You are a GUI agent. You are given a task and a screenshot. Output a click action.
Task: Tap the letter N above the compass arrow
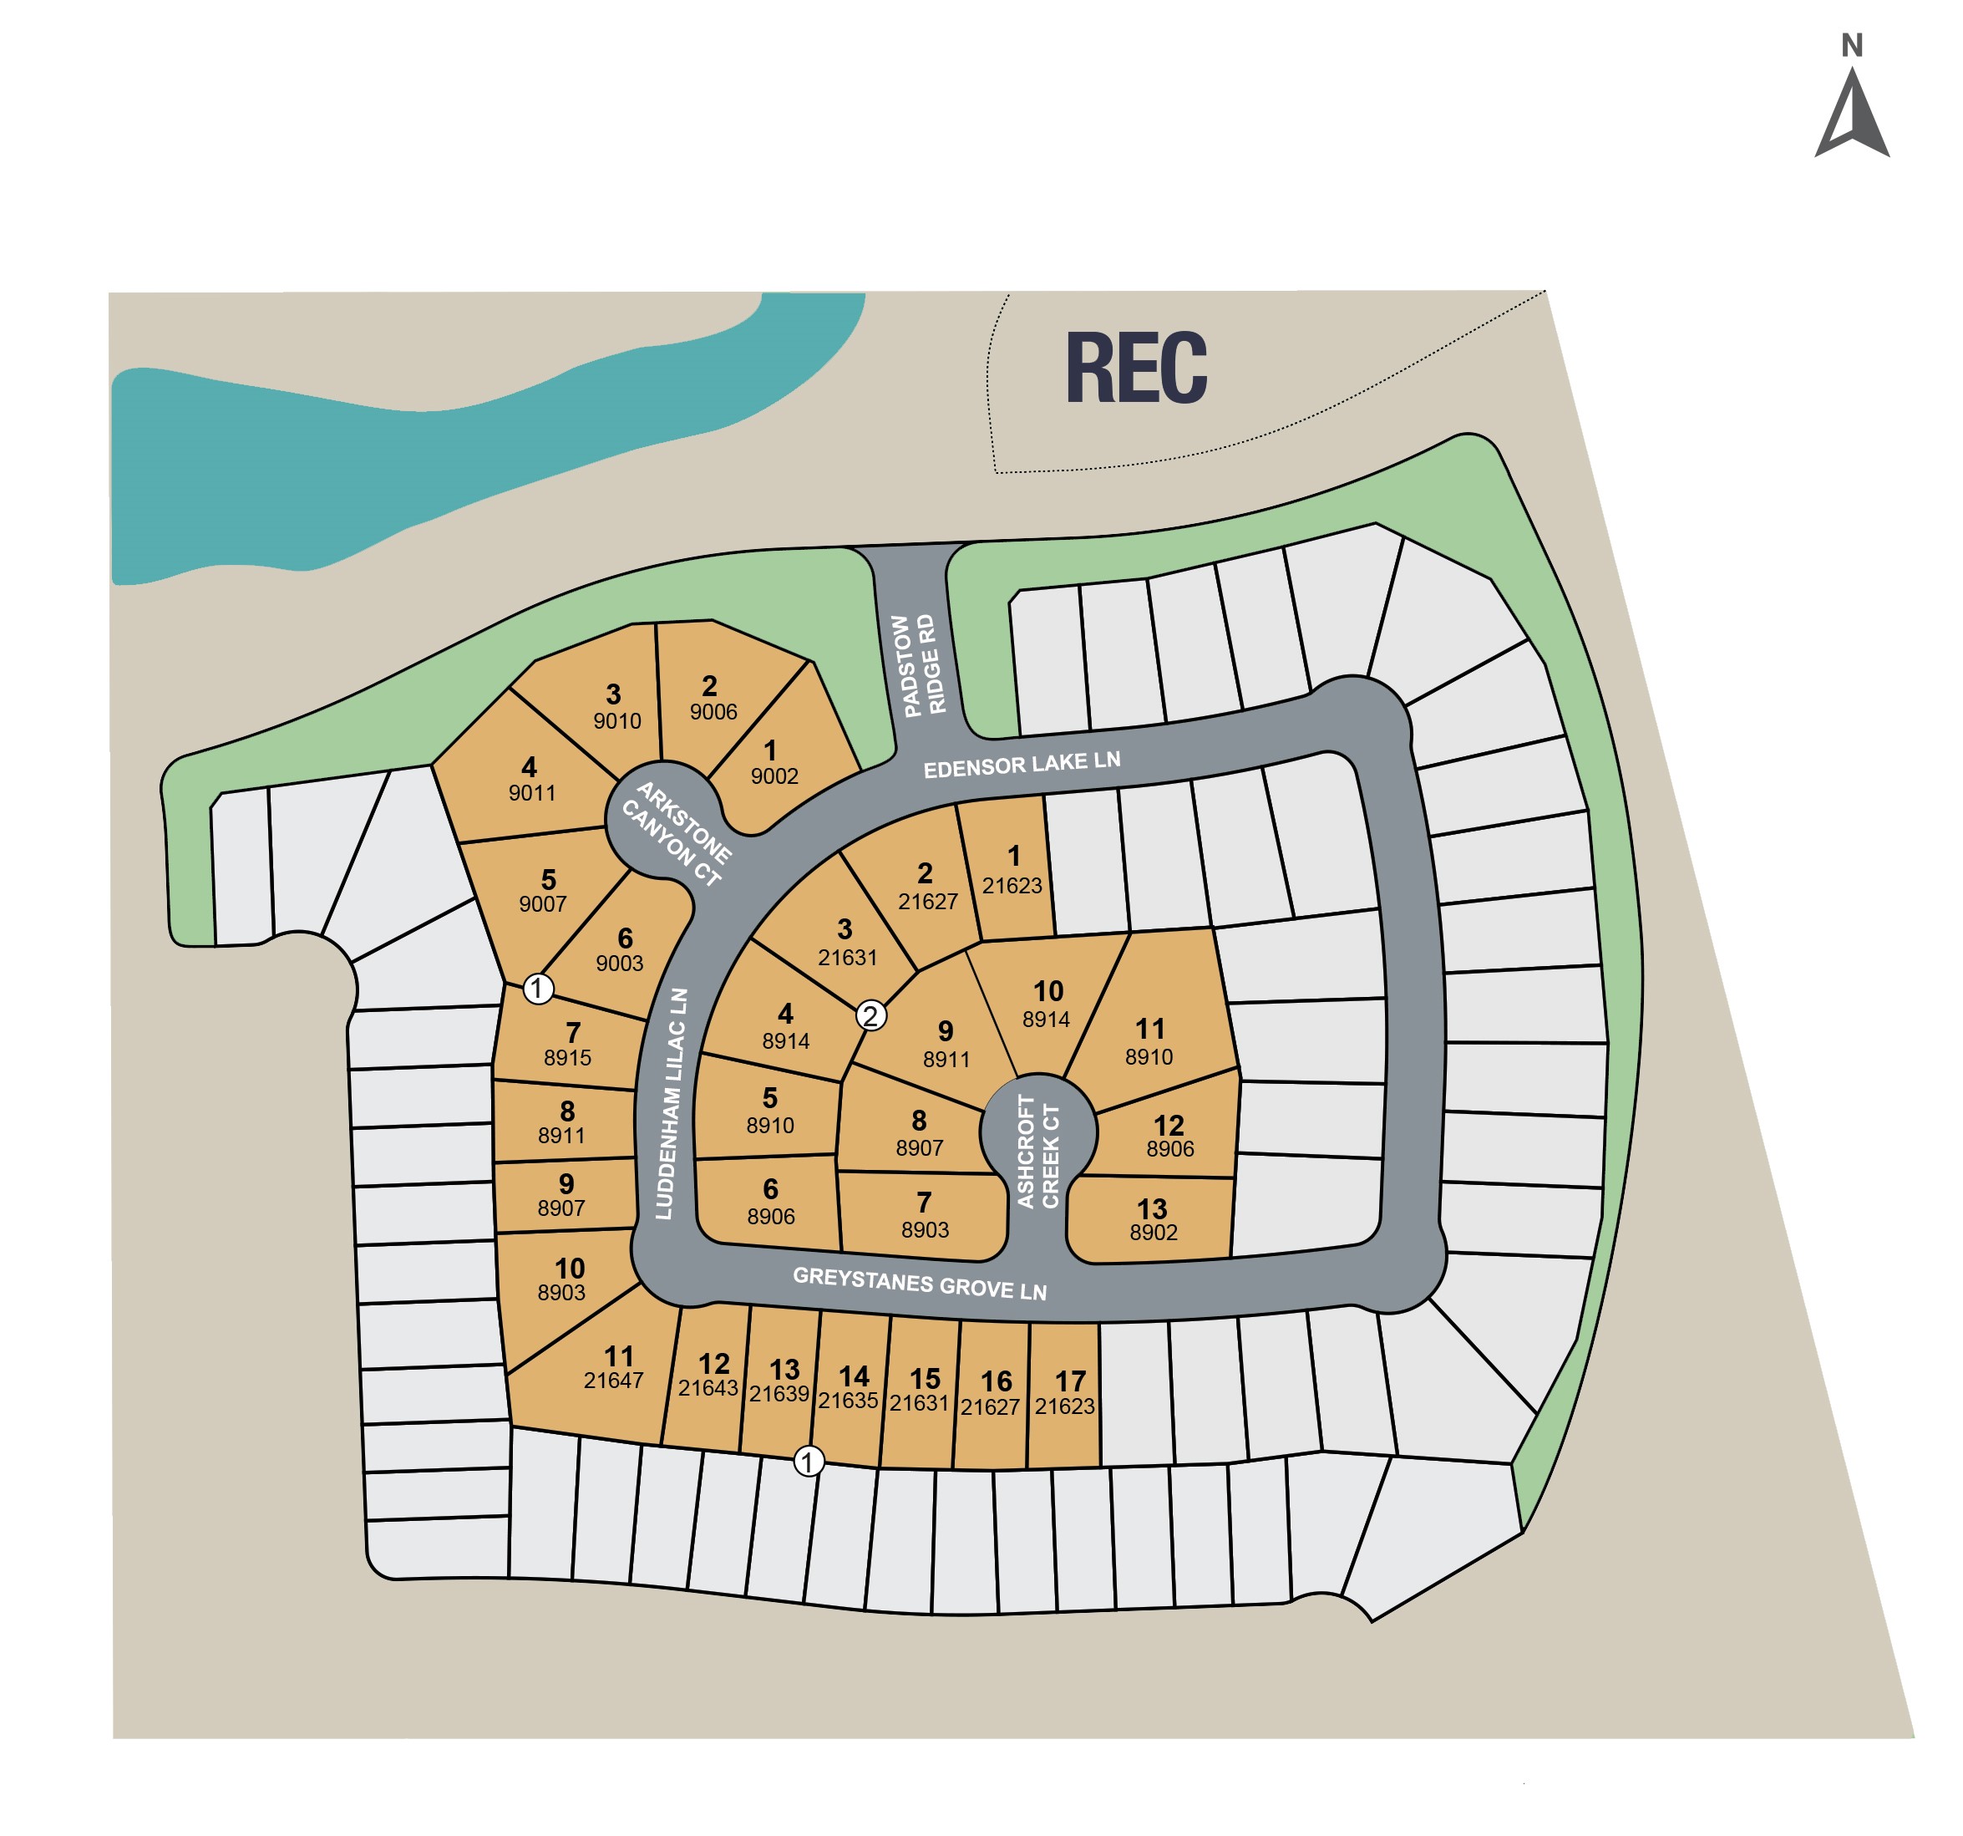(x=1851, y=45)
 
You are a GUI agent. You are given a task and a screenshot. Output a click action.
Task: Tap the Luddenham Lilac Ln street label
(x=672, y=1104)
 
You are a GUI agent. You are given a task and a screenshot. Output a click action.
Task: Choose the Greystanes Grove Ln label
(x=920, y=1284)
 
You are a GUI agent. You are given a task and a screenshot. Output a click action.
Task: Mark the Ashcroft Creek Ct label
(x=1037, y=1152)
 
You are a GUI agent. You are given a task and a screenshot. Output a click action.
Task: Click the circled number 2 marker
(x=870, y=1015)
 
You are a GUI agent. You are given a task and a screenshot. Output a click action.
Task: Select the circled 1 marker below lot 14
(x=809, y=1461)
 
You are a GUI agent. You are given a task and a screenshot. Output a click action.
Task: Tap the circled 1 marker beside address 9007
(x=537, y=988)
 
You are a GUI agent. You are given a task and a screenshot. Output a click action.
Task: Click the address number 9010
(x=617, y=721)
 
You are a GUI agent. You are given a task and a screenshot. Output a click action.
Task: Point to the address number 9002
(x=774, y=776)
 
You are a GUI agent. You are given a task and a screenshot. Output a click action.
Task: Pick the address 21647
(x=613, y=1381)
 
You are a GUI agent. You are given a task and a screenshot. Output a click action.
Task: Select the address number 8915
(x=568, y=1058)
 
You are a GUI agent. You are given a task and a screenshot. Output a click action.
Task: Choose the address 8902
(x=1154, y=1233)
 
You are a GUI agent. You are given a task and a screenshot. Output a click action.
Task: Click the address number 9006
(x=713, y=712)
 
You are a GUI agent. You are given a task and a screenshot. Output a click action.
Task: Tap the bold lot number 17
(x=1070, y=1381)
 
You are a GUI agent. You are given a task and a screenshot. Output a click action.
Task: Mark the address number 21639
(x=779, y=1394)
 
